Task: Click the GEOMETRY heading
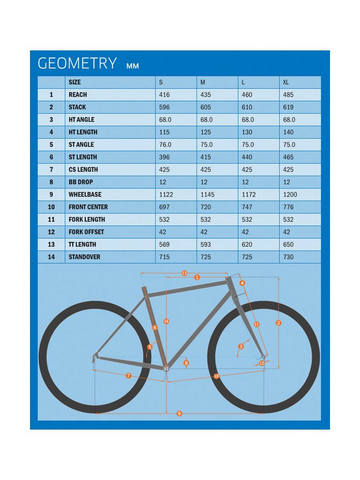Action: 77,64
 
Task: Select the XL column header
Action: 286,82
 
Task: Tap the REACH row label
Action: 78,95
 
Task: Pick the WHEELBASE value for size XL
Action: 290,194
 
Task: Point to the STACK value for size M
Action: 206,107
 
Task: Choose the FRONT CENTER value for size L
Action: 247,207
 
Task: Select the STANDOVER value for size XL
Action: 288,257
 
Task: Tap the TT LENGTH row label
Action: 82,244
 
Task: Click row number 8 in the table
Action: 51,182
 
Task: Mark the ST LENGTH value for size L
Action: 247,157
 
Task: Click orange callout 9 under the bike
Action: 179,413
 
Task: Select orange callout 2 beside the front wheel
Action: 279,323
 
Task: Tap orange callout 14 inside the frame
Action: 166,321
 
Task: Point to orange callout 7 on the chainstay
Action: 128,376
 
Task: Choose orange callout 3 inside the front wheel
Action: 241,346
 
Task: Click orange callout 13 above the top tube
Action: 184,273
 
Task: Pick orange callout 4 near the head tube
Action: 242,283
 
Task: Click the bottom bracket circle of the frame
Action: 167,368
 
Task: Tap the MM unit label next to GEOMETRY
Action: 132,66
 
